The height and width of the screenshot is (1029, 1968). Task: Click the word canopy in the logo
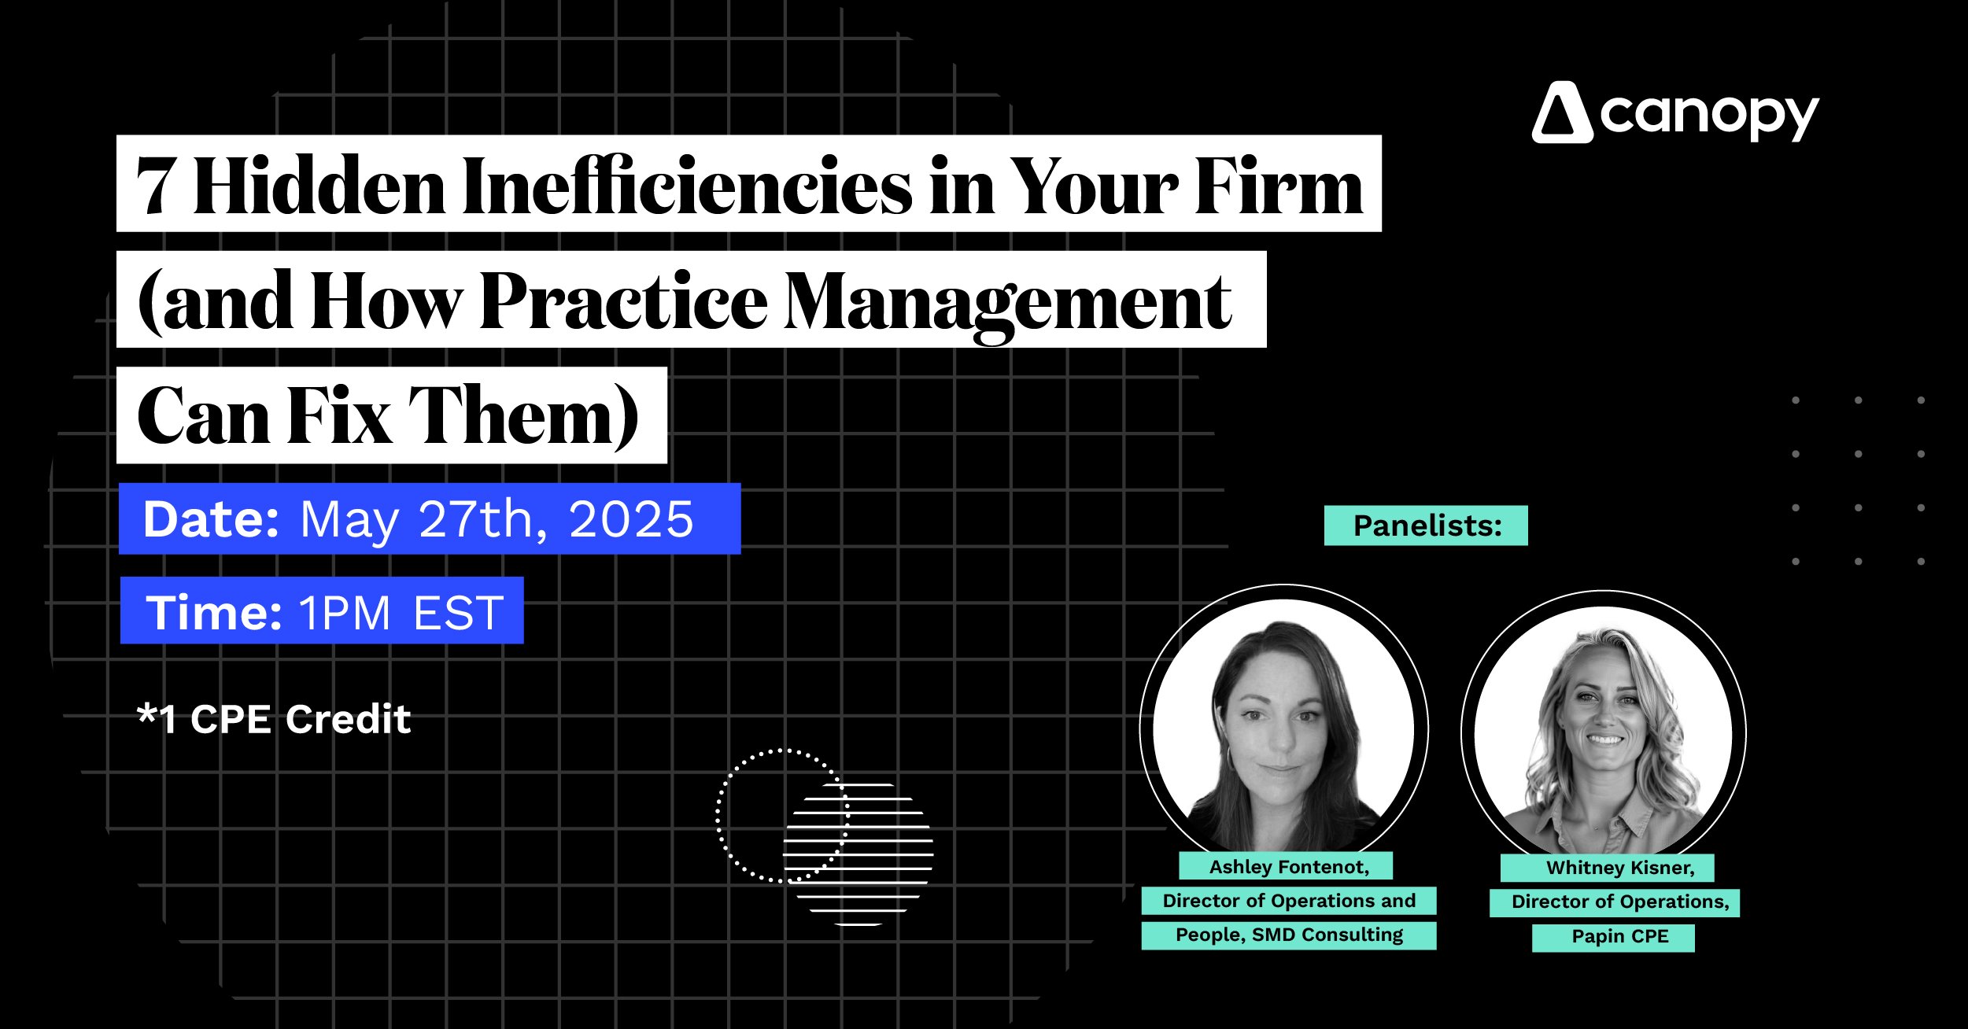click(1709, 117)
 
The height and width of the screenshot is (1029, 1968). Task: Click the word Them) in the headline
click(524, 415)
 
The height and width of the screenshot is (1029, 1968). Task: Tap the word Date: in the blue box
click(211, 519)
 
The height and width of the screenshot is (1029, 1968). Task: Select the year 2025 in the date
click(631, 519)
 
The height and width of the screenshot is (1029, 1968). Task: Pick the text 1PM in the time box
click(345, 613)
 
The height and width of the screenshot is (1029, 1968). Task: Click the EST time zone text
click(458, 613)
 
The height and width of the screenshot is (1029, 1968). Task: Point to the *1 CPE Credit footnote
click(274, 719)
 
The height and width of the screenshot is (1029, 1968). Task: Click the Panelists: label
click(1427, 526)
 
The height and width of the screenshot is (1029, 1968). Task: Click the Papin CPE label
click(1620, 936)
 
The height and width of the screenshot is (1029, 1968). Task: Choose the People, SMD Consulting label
click(1289, 935)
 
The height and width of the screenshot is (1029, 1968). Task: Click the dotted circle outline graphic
click(718, 816)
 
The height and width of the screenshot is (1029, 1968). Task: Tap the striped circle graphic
click(858, 854)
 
